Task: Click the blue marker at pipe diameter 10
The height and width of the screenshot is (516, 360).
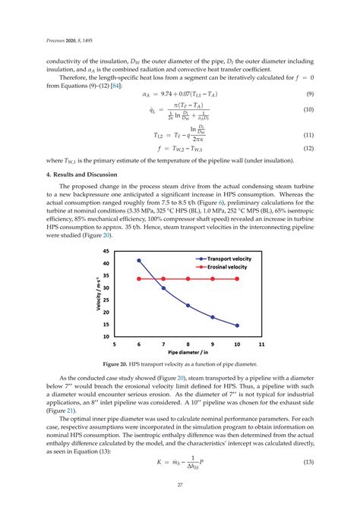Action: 237,326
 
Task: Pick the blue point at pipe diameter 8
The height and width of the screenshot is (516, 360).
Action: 188,306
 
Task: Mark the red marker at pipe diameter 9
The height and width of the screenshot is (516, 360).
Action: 213,279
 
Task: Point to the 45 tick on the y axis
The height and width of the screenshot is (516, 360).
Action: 106,250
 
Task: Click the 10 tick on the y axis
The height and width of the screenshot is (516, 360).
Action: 106,335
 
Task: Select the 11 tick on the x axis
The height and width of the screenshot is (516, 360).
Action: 261,344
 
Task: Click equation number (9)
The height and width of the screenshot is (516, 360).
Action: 310,94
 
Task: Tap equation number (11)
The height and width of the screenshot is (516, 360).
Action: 310,135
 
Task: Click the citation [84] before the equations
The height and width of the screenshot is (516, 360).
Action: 117,83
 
